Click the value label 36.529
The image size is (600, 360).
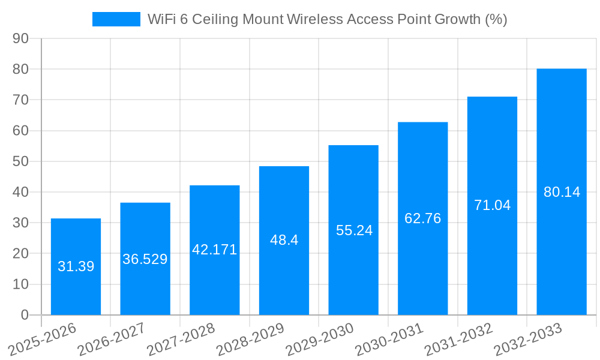click(145, 259)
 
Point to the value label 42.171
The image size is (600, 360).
click(215, 250)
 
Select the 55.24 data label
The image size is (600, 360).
click(354, 230)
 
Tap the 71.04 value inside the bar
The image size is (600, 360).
click(492, 205)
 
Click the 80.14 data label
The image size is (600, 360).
click(562, 192)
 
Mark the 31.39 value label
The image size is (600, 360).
click(76, 266)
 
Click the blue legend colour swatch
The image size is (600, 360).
click(116, 19)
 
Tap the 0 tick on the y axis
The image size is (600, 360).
click(25, 315)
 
